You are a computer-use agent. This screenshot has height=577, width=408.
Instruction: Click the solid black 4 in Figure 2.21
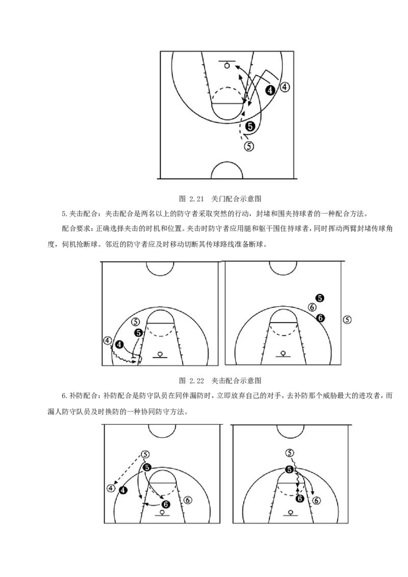pyautogui.click(x=271, y=90)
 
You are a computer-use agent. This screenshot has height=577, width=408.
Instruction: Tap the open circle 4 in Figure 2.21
pyautogui.click(x=285, y=87)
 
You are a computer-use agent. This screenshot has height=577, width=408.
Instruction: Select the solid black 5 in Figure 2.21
pyautogui.click(x=250, y=126)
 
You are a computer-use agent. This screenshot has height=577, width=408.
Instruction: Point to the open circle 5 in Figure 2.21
pyautogui.click(x=249, y=146)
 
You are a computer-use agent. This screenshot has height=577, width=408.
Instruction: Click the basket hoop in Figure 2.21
pyautogui.click(x=227, y=66)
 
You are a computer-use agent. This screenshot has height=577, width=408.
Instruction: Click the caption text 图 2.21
pyautogui.click(x=191, y=199)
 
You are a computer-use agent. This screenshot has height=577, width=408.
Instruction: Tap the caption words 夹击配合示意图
pyautogui.click(x=237, y=380)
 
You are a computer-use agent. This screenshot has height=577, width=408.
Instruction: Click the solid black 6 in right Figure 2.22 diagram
pyautogui.click(x=320, y=318)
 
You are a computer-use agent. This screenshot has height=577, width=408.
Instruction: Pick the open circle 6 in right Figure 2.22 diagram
pyautogui.click(x=312, y=307)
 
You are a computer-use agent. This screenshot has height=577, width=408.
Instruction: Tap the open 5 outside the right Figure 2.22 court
pyautogui.click(x=347, y=319)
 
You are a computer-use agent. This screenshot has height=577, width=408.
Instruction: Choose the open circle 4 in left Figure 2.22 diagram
pyautogui.click(x=107, y=340)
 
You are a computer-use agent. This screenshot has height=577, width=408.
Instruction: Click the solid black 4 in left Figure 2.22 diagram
pyautogui.click(x=120, y=345)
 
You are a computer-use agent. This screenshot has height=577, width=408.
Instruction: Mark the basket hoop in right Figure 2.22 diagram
pyautogui.click(x=283, y=353)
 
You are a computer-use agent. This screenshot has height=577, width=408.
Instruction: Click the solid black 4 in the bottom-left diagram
pyautogui.click(x=122, y=490)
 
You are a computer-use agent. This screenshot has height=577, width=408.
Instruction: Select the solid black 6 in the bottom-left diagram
pyautogui.click(x=165, y=504)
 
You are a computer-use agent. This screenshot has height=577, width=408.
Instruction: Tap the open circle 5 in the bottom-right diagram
pyautogui.click(x=290, y=453)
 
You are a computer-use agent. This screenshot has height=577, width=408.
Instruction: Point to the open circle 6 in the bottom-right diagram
pyautogui.click(x=316, y=501)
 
